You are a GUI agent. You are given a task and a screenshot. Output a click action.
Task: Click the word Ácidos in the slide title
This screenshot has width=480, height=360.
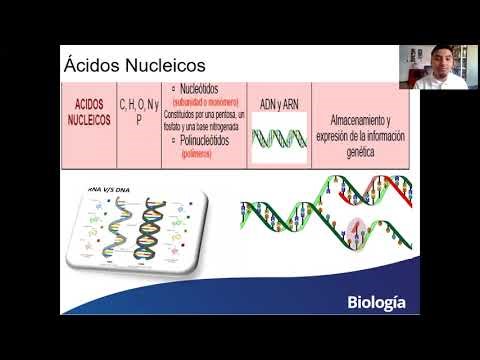(x=91, y=65)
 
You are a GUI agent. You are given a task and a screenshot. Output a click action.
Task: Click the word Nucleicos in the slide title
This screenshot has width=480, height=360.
(x=164, y=65)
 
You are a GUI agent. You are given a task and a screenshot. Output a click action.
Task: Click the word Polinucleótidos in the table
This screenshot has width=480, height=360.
(x=207, y=141)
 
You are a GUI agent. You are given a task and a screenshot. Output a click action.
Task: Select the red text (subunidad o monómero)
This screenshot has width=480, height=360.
(x=205, y=99)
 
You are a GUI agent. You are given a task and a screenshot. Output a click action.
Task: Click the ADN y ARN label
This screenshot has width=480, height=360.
(x=278, y=101)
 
